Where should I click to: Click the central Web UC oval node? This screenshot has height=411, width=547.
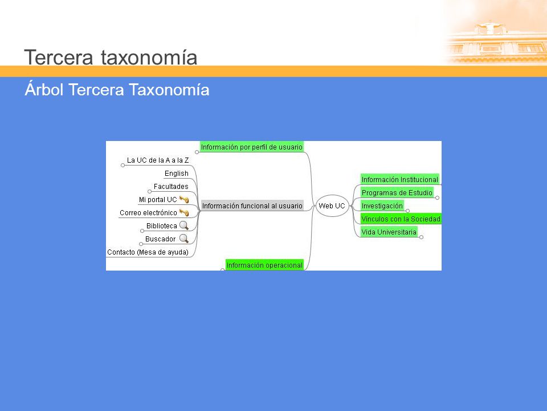click(x=332, y=206)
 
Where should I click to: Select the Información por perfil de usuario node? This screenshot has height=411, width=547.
click(x=251, y=147)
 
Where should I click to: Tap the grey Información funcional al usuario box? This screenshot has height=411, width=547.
click(x=252, y=205)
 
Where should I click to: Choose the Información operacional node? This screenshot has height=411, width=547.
click(x=264, y=265)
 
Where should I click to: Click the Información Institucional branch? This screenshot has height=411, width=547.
click(x=400, y=179)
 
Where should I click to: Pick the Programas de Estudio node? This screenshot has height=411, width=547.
click(x=397, y=192)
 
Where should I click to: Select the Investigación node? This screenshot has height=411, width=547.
click(x=382, y=205)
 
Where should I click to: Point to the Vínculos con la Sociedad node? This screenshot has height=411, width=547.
click(x=401, y=219)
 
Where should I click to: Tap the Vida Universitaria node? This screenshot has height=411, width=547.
click(x=389, y=232)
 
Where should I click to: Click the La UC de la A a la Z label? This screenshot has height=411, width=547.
click(x=158, y=160)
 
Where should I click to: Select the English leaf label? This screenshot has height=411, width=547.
click(x=177, y=174)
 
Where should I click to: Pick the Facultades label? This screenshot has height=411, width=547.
click(x=171, y=186)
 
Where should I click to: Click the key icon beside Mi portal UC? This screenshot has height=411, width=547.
click(x=184, y=200)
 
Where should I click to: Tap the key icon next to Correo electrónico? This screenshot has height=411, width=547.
click(x=184, y=212)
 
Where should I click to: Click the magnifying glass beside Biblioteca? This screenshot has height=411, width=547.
click(x=184, y=225)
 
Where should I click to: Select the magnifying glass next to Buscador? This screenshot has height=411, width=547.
click(x=184, y=239)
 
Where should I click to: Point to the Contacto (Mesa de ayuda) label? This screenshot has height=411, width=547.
click(x=148, y=252)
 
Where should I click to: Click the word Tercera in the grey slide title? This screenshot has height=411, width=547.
click(x=59, y=57)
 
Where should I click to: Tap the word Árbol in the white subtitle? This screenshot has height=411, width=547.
click(x=44, y=89)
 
